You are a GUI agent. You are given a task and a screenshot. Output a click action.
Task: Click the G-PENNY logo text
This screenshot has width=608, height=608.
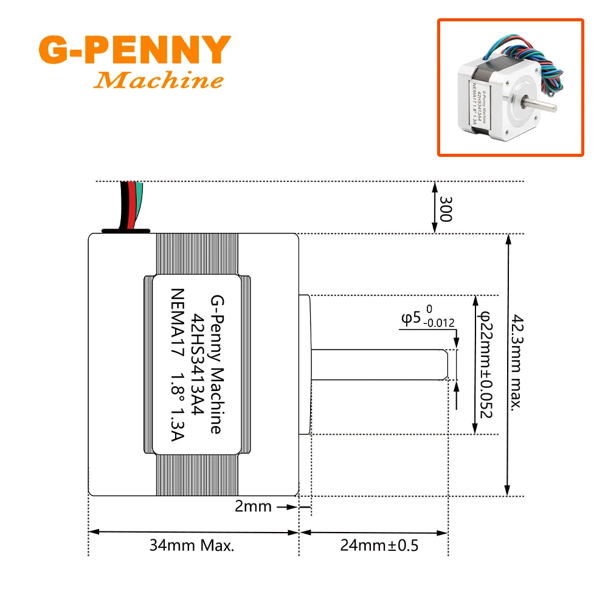click(134, 51)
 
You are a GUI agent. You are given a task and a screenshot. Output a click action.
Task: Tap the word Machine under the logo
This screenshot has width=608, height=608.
click(159, 80)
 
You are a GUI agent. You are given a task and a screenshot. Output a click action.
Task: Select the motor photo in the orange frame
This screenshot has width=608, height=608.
click(510, 88)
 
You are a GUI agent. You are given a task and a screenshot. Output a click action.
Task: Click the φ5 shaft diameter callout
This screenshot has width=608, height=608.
click(410, 317)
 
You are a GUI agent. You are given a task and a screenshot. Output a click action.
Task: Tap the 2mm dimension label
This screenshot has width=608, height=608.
click(254, 506)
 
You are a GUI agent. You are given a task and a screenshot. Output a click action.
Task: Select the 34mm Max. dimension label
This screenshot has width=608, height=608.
click(192, 545)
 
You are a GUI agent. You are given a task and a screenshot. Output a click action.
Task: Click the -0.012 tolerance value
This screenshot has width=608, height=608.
click(439, 323)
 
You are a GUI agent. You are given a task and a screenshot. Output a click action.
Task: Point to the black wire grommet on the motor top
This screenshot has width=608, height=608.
click(125, 231)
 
